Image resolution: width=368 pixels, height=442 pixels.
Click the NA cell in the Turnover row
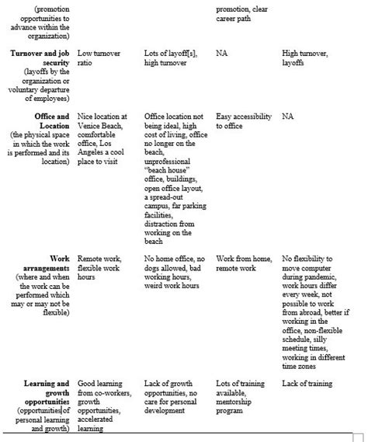[222, 54]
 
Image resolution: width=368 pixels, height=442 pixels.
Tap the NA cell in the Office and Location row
[288, 117]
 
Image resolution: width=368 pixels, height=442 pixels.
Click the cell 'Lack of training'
[307, 384]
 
